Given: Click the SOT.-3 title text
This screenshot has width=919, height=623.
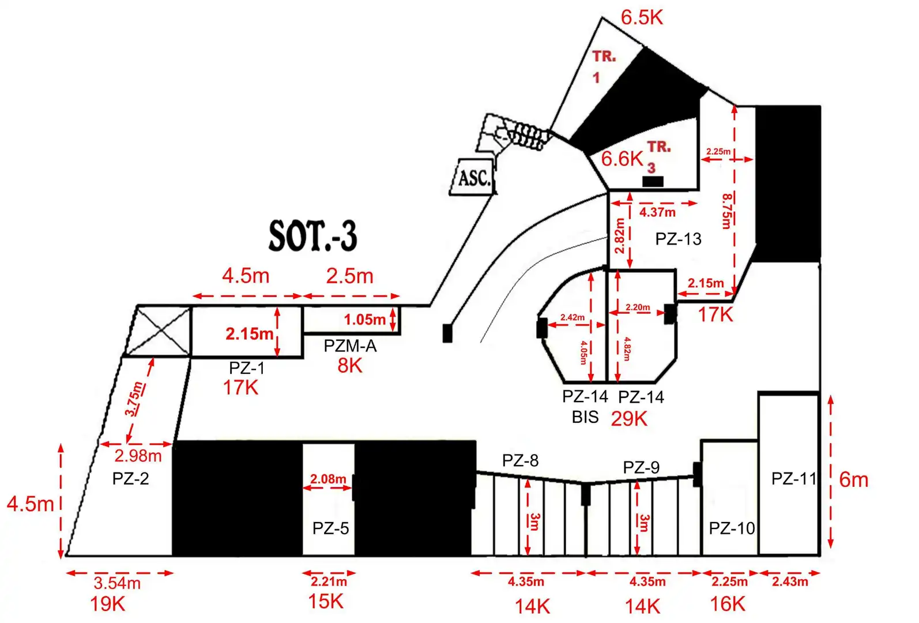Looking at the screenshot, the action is tap(313, 235).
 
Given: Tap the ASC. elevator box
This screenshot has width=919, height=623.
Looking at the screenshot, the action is tap(473, 177).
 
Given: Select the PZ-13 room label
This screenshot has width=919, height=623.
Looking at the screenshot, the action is tap(679, 239).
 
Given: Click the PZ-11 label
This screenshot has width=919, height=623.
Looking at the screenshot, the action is tap(794, 479).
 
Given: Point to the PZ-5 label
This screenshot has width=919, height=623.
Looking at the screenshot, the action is tap(331, 528).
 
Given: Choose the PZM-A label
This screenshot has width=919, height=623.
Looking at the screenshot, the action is tap(350, 346).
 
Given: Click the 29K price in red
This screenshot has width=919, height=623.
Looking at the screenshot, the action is tap(629, 419).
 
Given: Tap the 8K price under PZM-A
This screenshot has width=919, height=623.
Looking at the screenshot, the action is tap(350, 366).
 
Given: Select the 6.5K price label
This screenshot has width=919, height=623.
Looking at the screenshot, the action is tap(642, 18).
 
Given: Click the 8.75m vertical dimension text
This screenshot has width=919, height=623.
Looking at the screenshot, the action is tap(727, 211).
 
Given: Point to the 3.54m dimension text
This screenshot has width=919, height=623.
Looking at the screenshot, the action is tap(118, 583).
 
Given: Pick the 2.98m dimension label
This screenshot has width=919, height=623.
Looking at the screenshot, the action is tap(138, 456).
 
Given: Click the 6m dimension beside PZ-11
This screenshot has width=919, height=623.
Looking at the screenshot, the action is tap(854, 480).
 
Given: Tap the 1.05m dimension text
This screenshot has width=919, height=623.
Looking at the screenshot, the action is tap(365, 320).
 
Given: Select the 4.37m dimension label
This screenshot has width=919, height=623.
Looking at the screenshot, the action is tap(657, 213).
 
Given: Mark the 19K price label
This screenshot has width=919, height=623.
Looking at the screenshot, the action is tap(107, 604).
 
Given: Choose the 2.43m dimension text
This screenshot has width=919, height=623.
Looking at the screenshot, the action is tap(790, 581).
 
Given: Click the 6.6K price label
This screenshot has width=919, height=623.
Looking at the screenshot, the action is tap(622, 159).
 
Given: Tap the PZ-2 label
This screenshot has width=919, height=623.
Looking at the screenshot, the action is tap(130, 479).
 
